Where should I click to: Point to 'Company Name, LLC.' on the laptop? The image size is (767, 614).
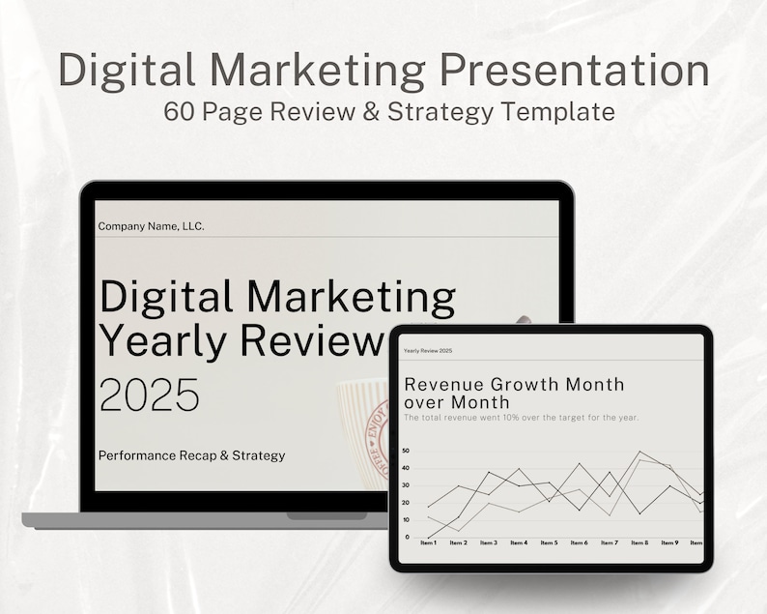pos(152,226)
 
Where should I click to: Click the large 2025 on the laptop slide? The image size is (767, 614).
pos(150,395)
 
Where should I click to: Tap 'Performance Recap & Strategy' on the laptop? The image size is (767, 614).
pos(192,454)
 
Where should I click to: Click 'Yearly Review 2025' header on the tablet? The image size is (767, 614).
pos(428,350)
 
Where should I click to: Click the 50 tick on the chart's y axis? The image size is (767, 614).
pos(406,451)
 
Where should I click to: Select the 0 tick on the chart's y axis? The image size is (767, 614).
pos(408,537)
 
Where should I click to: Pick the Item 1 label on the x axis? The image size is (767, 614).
pos(429,543)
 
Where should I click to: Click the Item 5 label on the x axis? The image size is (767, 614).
pos(549,543)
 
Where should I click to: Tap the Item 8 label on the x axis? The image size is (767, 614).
pos(639,543)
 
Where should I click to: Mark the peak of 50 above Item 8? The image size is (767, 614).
pos(639,452)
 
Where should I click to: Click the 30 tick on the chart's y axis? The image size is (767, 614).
pos(406,485)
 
